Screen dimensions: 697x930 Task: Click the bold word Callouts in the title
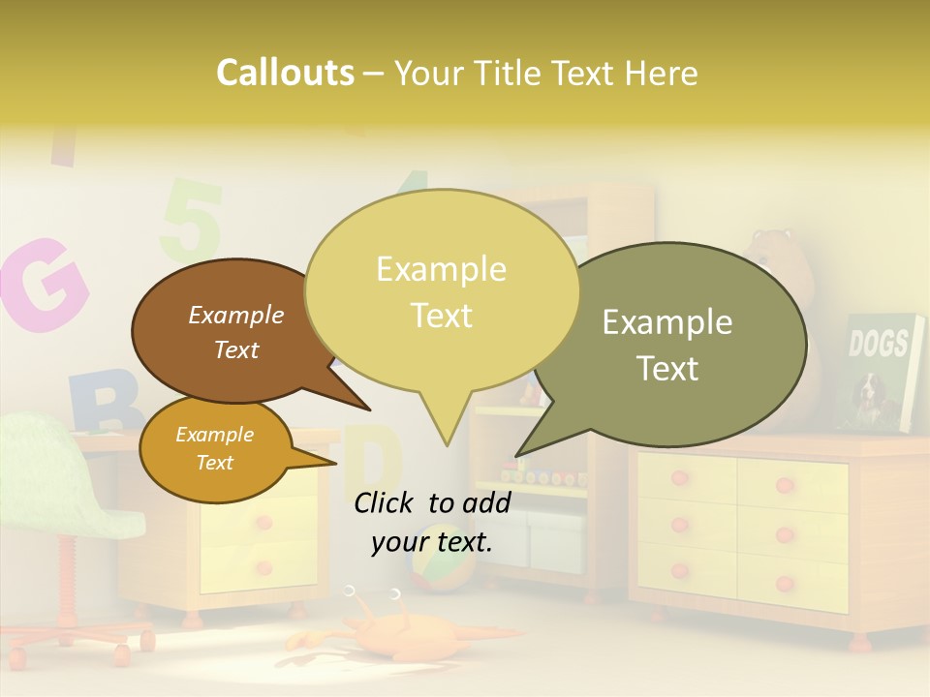285,73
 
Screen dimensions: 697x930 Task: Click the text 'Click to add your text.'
432,522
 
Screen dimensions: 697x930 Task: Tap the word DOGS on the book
879,343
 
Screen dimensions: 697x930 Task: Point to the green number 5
192,219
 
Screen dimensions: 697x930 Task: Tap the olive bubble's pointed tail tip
517,455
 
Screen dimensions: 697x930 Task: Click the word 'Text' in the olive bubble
668,368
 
